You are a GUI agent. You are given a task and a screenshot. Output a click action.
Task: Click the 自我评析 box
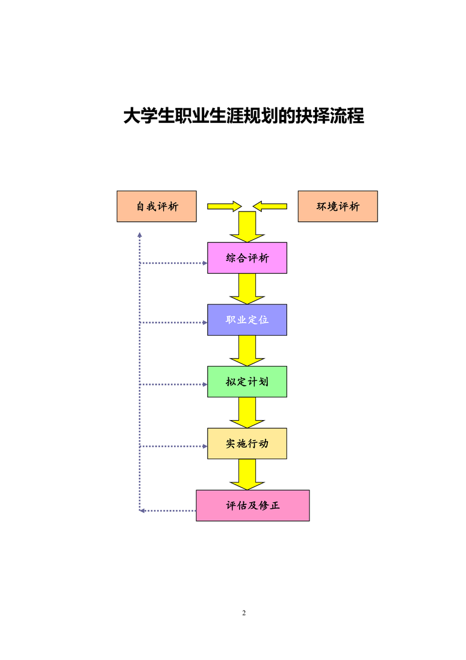pyautogui.click(x=157, y=206)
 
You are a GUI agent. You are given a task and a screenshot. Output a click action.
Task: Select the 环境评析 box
pyautogui.click(x=338, y=206)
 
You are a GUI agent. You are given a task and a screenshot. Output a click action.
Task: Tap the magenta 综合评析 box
pyautogui.click(x=247, y=258)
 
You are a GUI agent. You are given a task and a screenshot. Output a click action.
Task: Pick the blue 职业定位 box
pyautogui.click(x=247, y=320)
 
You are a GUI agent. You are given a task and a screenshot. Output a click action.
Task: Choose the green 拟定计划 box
pyautogui.click(x=247, y=382)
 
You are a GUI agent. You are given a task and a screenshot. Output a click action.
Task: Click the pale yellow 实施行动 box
pyautogui.click(x=247, y=444)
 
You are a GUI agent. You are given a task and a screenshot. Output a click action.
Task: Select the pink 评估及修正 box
pyautogui.click(x=253, y=506)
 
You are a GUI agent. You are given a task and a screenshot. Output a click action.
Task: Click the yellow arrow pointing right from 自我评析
pyautogui.click(x=225, y=206)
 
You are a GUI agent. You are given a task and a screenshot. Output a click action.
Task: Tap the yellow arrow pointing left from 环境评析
pyautogui.click(x=270, y=206)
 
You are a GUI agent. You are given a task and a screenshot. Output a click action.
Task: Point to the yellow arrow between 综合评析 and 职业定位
pyautogui.click(x=247, y=289)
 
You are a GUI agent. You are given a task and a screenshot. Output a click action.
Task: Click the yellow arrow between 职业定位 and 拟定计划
pyautogui.click(x=247, y=351)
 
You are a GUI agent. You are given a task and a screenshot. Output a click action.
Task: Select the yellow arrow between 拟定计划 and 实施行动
pyautogui.click(x=247, y=412)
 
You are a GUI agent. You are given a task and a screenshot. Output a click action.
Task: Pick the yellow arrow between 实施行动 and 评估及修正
pyautogui.click(x=247, y=474)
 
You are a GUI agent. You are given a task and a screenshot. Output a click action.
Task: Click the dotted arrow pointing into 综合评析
pyautogui.click(x=173, y=263)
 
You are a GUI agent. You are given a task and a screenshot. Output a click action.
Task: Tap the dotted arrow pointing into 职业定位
pyautogui.click(x=173, y=323)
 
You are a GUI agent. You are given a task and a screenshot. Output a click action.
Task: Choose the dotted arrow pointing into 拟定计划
pyautogui.click(x=173, y=385)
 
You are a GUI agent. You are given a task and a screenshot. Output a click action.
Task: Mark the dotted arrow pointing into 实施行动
pyautogui.click(x=173, y=446)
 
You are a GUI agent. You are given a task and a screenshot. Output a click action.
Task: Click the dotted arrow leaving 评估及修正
pyautogui.click(x=168, y=511)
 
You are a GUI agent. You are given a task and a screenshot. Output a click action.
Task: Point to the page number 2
pyautogui.click(x=244, y=613)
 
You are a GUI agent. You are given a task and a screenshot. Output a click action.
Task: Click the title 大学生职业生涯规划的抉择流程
pyautogui.click(x=244, y=116)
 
